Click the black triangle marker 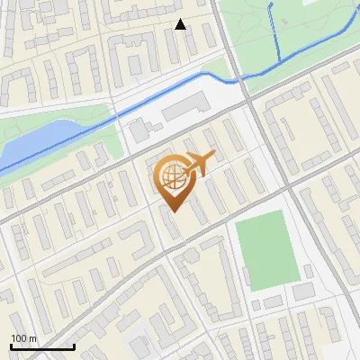click(180, 24)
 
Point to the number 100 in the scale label click(19, 338)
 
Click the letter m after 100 click(33, 338)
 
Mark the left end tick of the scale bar click(11, 346)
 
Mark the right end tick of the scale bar click(74, 346)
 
